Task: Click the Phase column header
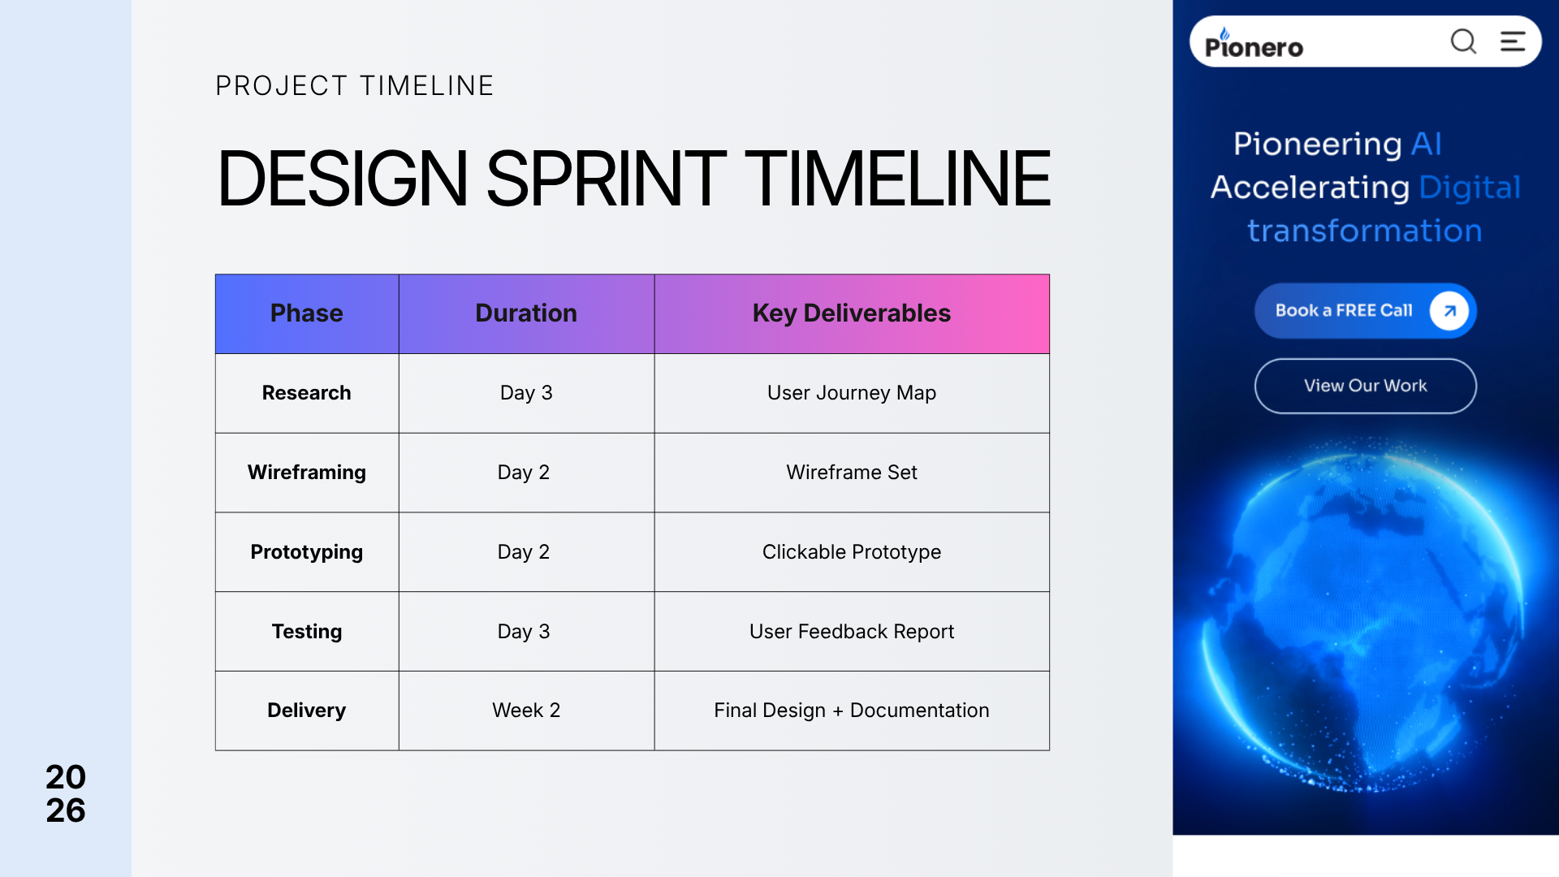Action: pos(307,313)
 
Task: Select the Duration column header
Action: pos(526,313)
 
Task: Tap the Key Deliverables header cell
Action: pos(852,313)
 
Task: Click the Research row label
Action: pos(307,393)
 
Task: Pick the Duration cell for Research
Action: pos(526,393)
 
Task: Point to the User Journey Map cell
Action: pos(852,393)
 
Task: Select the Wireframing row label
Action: pos(307,473)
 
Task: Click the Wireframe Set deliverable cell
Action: pos(852,473)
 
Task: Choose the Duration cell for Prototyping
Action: pos(526,552)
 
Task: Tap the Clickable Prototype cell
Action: pos(852,552)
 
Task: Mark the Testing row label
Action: pos(307,632)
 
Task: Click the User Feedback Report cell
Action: pos(852,632)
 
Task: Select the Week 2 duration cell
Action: pos(526,711)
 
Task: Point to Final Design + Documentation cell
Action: pos(852,711)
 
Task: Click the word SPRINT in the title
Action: pos(606,179)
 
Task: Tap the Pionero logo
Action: pos(1254,44)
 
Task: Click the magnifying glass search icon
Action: pos(1464,41)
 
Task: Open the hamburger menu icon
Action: pos(1513,41)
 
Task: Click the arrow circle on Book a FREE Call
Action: pos(1449,311)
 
